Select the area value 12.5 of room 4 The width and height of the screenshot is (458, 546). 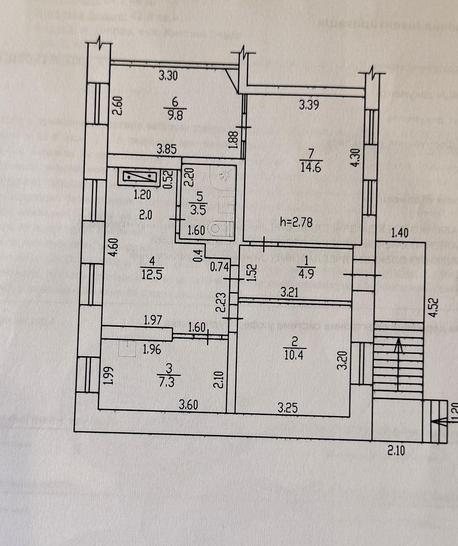152,274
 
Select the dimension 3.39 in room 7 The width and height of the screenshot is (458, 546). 308,105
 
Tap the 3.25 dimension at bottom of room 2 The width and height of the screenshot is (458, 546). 288,408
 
